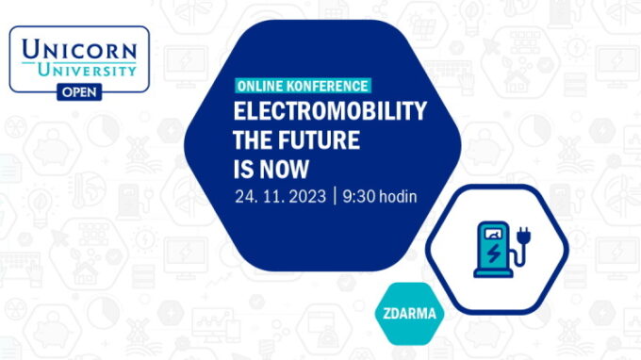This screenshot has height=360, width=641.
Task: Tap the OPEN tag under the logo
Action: tap(79, 90)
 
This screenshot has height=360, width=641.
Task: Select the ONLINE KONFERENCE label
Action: tap(302, 86)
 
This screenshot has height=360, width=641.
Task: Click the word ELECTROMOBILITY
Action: tap(329, 111)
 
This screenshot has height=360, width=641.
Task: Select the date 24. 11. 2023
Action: tap(280, 197)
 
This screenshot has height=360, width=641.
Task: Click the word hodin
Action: tap(400, 197)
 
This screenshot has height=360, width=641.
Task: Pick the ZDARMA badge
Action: tap(410, 314)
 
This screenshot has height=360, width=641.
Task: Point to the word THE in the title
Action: tap(254, 141)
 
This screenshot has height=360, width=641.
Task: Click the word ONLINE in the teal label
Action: tap(260, 86)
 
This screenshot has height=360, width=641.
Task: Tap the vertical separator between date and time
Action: tap(336, 197)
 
